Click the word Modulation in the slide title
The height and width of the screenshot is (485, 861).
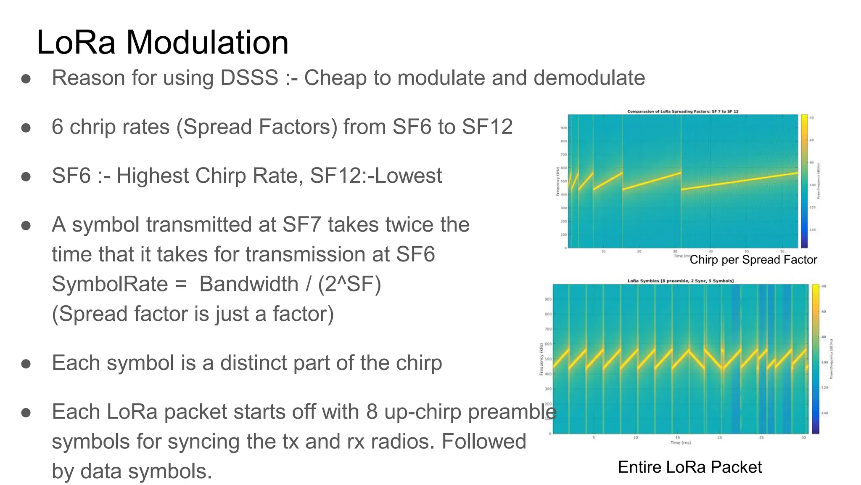click(207, 43)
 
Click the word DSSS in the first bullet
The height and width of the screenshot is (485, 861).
click(249, 78)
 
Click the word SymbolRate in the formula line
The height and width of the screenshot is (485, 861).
click(110, 284)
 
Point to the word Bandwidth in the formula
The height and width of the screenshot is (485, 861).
click(249, 284)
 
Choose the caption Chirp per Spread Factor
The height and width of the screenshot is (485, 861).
click(753, 260)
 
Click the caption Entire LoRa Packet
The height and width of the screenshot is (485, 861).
click(689, 467)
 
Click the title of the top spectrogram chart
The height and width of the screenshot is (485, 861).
click(683, 112)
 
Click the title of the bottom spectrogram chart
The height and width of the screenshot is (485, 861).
click(680, 281)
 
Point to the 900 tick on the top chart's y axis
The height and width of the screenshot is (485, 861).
click(564, 128)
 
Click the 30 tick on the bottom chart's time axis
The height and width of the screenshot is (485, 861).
click(803, 438)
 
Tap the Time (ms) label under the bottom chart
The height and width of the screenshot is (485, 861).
click(680, 442)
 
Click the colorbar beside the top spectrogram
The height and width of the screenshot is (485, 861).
click(804, 181)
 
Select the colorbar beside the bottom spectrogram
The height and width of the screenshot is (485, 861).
click(816, 359)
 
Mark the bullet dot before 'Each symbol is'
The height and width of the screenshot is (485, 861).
click(26, 363)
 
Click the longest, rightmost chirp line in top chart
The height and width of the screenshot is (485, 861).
click(740, 181)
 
